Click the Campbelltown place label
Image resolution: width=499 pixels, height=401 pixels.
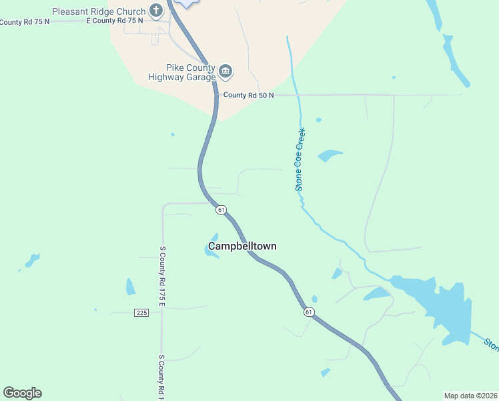click(x=242, y=246)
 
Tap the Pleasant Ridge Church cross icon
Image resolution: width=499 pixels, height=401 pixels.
click(x=156, y=10)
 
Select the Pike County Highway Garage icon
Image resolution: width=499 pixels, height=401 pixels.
click(x=225, y=71)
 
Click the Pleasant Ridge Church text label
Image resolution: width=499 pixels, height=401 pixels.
click(x=99, y=11)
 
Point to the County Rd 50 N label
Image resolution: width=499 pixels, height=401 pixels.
click(x=248, y=96)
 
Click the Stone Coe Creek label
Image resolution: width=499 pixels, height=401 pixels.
click(x=300, y=159)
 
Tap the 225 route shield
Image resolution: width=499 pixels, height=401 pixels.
click(x=141, y=313)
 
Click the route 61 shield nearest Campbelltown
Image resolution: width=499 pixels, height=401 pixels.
click(x=221, y=210)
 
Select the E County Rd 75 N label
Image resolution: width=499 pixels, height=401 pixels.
click(x=115, y=21)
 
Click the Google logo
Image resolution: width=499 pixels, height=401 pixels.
click(x=22, y=393)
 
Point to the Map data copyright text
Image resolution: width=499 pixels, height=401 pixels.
click(x=470, y=396)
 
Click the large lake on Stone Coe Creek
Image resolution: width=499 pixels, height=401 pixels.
click(x=440, y=304)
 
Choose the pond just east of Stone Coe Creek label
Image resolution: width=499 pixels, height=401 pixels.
click(x=330, y=156)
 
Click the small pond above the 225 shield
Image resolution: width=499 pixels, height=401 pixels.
click(x=130, y=287)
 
